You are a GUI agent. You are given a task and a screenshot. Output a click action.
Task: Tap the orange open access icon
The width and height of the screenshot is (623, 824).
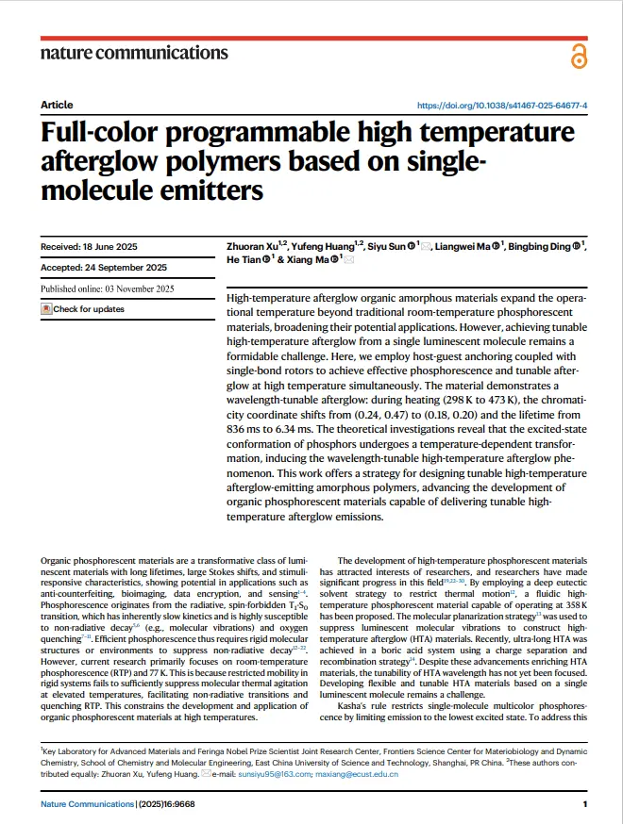(x=579, y=58)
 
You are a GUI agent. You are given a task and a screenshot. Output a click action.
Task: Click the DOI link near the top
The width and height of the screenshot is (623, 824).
(x=501, y=105)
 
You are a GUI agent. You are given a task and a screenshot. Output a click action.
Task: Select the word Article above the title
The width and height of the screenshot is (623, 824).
(x=57, y=105)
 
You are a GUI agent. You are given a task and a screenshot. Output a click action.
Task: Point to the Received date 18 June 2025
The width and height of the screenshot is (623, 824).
(x=90, y=247)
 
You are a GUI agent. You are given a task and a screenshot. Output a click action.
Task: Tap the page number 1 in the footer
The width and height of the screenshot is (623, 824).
(x=585, y=804)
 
